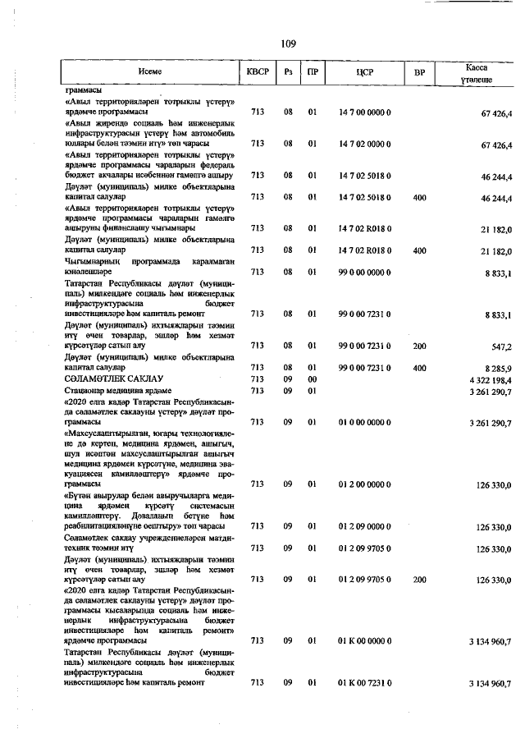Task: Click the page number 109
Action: coord(287,44)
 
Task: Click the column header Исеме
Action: coord(150,72)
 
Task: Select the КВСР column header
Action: coord(258,72)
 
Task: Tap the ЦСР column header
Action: coord(365,72)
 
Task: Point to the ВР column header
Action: coord(420,72)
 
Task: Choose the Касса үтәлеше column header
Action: coord(477,72)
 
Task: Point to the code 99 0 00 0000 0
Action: coord(365,272)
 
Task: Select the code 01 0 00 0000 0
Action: coord(365,422)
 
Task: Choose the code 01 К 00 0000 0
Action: coord(365,640)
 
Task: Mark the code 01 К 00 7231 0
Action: coord(365,683)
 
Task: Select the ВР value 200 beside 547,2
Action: coord(420,346)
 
